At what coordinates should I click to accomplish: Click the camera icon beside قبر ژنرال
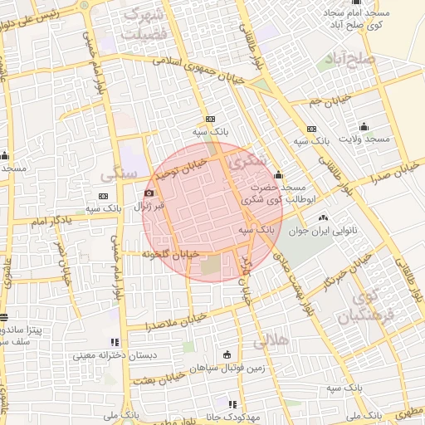coord(149,193)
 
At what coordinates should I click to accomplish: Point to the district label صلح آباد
coord(374,60)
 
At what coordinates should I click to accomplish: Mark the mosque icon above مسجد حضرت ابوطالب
coord(277,175)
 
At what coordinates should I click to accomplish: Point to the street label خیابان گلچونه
coord(172,253)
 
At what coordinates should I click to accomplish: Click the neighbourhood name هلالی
coord(270,340)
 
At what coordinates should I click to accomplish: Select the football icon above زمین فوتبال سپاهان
coord(227,354)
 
